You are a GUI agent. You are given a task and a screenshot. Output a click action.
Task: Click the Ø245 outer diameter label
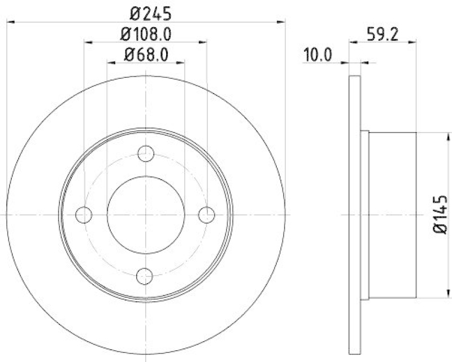(146, 12)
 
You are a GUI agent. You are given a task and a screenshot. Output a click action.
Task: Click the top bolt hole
(146, 153)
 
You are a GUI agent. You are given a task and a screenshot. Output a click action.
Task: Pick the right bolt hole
(207, 214)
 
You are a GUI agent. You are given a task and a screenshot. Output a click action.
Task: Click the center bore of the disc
(146, 214)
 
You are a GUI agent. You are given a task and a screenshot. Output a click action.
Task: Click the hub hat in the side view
(392, 214)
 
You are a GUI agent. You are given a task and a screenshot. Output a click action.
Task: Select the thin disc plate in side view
(354, 214)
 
